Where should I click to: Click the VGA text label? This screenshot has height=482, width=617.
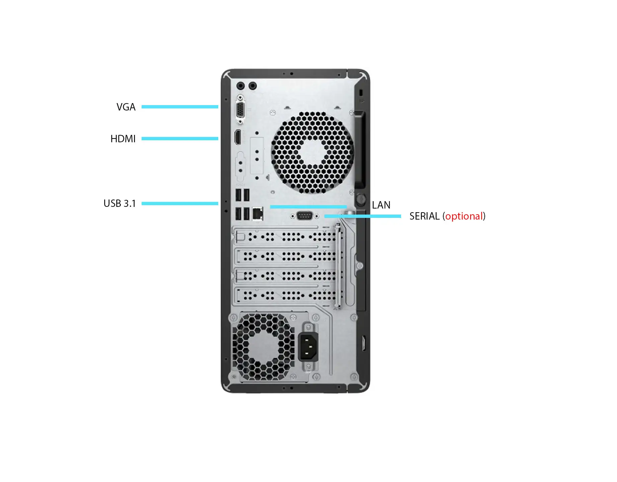pos(126,107)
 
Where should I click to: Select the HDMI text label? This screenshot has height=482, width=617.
pos(123,139)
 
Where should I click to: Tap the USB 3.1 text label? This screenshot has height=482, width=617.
pos(120,204)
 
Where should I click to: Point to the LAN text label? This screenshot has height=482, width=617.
pos(381,205)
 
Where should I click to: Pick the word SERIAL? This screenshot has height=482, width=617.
pos(425,216)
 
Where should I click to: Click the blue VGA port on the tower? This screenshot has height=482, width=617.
pos(240,109)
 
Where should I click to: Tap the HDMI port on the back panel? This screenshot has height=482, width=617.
pos(238,137)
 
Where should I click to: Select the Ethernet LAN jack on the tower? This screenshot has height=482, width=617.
pos(258,214)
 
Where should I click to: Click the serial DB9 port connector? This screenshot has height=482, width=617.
pos(304,216)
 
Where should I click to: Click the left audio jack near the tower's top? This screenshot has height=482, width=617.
pos(240,86)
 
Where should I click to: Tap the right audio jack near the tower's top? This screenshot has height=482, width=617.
pos(253,86)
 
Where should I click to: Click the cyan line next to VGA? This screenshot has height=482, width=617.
pos(180,107)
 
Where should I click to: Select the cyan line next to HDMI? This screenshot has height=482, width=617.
pos(180,139)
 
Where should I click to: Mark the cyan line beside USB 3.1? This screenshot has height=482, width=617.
pos(180,204)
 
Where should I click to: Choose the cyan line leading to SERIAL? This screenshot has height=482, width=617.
pos(363,216)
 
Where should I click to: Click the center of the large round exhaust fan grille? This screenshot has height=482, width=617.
pos(312,153)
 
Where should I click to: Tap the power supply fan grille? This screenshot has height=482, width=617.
pos(263,347)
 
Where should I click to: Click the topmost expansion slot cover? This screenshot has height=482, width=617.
pos(285,237)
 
